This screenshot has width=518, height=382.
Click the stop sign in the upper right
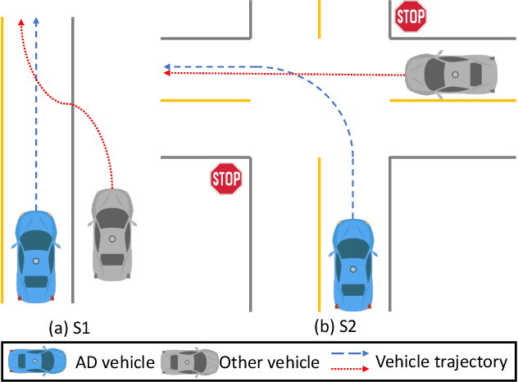click(x=411, y=16)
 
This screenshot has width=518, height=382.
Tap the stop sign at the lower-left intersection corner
click(x=226, y=177)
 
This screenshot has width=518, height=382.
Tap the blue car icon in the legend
click(x=38, y=362)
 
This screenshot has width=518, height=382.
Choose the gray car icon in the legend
click(x=189, y=362)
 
